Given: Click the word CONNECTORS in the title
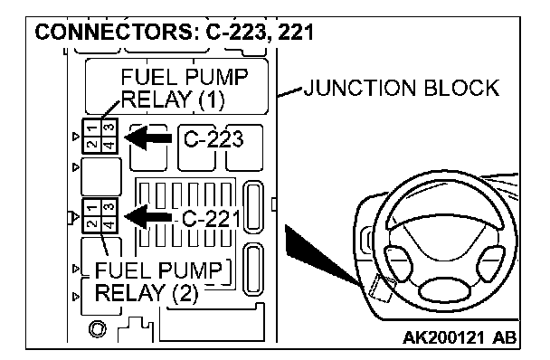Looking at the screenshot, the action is (114, 33).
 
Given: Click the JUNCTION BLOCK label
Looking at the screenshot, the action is (402, 88).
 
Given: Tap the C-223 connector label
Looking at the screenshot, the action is (213, 139).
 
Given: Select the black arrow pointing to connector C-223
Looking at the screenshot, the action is (148, 137).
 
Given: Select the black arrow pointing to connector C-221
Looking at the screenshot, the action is (148, 217).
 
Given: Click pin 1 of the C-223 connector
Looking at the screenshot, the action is (92, 128).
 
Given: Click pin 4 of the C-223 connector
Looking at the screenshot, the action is (109, 144).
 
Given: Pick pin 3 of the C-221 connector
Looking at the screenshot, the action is (109, 207).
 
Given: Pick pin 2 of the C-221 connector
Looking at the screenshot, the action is (92, 223).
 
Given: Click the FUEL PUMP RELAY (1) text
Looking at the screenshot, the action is (185, 89).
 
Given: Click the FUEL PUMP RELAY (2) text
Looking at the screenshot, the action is (158, 281).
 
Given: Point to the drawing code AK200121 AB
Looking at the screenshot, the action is (460, 337).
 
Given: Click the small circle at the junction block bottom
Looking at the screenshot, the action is (97, 329).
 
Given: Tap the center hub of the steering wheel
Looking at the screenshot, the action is (445, 289).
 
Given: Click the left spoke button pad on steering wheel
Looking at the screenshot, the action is (397, 264).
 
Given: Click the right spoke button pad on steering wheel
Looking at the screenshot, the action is (491, 264).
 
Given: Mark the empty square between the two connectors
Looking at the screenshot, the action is (101, 176).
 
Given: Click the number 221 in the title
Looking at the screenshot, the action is (295, 33).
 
